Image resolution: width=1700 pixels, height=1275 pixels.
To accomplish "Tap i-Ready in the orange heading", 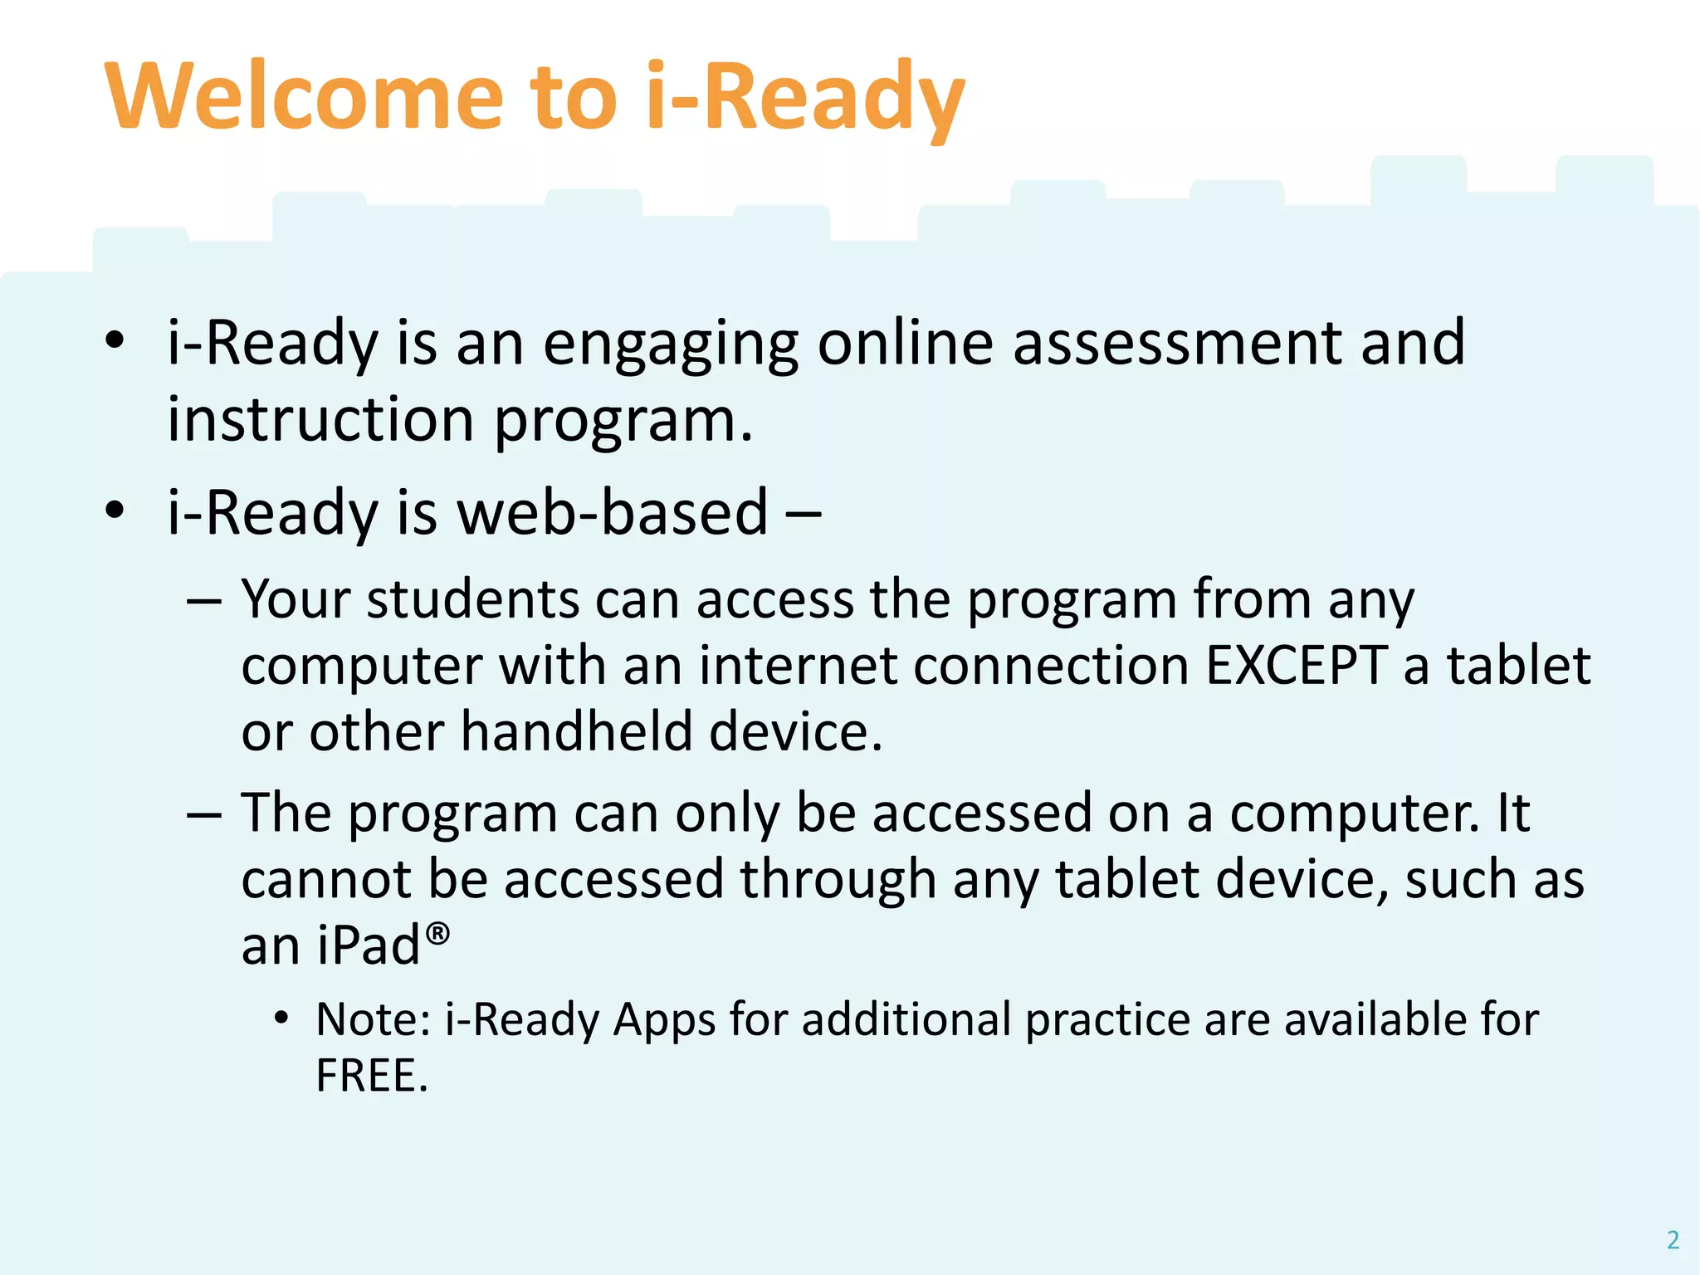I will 804,98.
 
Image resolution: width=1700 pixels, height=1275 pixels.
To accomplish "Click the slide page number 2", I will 1673,1239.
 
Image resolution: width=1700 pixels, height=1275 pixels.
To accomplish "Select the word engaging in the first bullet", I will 671,344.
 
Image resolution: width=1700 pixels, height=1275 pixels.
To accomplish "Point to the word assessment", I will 1177,344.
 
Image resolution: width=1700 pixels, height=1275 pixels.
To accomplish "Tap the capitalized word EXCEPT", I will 1296,666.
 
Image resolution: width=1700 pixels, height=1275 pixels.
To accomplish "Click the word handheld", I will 576,732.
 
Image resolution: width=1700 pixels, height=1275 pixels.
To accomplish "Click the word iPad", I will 370,946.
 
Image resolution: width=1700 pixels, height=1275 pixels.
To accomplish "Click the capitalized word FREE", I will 371,1077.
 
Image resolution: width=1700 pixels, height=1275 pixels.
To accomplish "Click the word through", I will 838,880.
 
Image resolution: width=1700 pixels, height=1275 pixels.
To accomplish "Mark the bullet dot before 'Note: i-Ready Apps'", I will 282,1018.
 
